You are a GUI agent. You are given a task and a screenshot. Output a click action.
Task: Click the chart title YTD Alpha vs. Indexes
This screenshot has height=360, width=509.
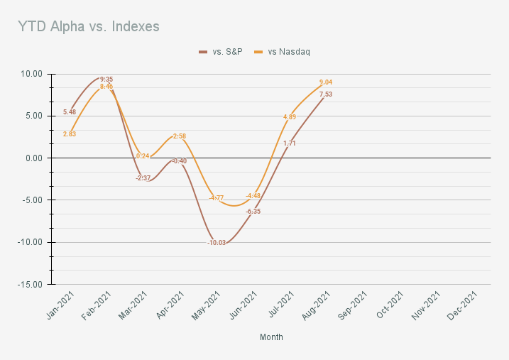click(x=89, y=26)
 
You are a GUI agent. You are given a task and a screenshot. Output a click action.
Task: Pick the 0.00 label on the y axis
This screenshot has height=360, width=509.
click(x=33, y=158)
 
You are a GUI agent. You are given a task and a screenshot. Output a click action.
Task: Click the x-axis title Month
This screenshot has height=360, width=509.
click(x=271, y=337)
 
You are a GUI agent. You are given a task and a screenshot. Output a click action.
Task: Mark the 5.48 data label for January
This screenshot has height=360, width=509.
click(x=70, y=112)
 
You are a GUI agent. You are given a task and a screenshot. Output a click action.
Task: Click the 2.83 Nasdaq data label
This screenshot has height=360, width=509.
click(x=70, y=133)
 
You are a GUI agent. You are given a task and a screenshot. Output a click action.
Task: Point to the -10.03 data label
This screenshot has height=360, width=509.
click(x=217, y=243)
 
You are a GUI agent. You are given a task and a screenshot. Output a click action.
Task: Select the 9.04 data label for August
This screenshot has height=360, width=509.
click(x=326, y=82)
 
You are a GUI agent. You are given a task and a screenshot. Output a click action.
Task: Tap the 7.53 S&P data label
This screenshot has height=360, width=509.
click(x=326, y=94)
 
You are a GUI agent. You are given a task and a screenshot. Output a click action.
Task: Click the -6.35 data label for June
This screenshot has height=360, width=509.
click(x=253, y=212)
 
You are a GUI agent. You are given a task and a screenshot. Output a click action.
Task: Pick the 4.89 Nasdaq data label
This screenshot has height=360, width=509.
click(x=290, y=117)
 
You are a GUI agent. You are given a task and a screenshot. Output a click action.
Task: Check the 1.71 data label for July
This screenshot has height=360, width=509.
click(x=290, y=143)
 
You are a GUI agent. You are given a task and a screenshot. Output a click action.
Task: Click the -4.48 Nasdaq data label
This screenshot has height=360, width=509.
click(x=253, y=196)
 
